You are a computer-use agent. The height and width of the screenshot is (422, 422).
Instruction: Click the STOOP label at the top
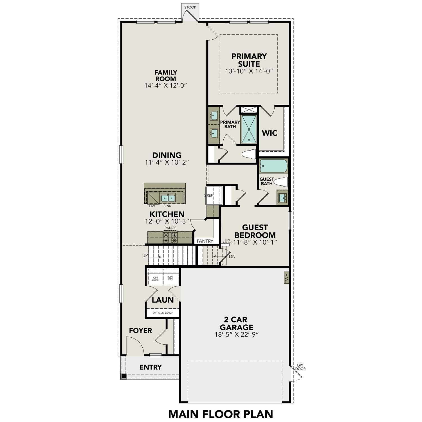pos(190,7)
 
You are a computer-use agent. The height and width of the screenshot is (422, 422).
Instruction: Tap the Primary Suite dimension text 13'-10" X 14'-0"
pos(249,71)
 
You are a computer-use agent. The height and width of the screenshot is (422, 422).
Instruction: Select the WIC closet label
pos(270,133)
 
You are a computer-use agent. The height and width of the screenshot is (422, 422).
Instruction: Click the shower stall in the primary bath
pos(249,129)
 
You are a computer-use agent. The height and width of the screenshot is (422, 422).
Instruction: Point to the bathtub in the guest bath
pos(273,166)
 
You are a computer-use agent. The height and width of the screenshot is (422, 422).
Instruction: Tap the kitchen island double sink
pos(168,198)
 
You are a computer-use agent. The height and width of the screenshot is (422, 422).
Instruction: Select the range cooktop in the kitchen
pos(170,237)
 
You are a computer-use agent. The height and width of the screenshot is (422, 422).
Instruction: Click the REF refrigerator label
pos(210,195)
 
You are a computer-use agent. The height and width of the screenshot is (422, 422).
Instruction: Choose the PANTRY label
pos(205,241)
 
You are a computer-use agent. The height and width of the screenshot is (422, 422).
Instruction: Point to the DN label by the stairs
pos(232,257)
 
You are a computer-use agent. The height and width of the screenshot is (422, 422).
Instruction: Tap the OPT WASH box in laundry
pos(156,279)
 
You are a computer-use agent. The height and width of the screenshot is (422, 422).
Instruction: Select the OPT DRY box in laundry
pos(171,278)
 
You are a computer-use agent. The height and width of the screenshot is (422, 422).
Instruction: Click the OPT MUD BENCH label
pos(163,313)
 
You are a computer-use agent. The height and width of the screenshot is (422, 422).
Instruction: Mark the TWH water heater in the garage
pos(286,279)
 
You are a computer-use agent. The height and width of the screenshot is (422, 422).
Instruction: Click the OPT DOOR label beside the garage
pos(300,367)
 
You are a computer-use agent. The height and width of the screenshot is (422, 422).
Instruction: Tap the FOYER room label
pos(140,331)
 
